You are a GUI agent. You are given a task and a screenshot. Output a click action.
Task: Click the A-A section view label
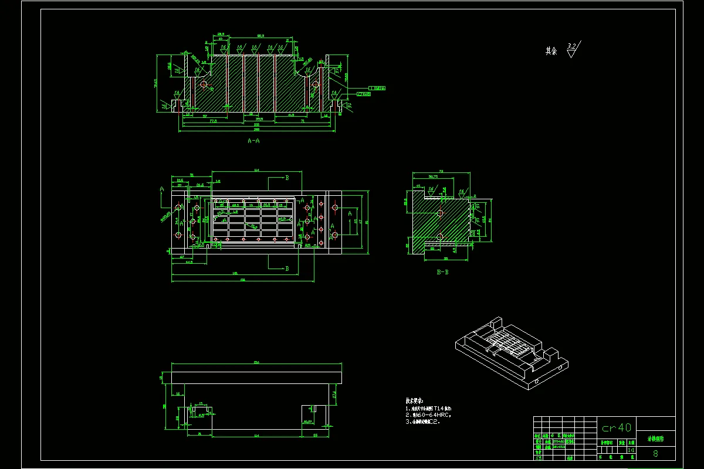(253, 141)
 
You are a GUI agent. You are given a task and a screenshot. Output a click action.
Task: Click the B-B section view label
(443, 272)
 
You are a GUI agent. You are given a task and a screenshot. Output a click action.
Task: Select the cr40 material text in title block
(616, 427)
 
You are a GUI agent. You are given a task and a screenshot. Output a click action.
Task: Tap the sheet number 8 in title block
(655, 453)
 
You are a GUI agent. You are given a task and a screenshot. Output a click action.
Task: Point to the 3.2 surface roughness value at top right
(573, 45)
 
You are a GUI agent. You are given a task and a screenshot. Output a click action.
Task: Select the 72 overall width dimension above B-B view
(441, 171)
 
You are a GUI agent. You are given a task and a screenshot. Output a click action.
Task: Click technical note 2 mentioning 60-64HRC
(428, 414)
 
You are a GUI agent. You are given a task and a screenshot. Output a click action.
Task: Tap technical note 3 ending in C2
(422, 422)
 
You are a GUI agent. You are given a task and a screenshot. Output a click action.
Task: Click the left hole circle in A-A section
(204, 84)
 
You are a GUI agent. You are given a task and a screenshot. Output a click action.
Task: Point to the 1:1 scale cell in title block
(631, 450)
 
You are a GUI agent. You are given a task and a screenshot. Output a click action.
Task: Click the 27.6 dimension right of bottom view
(334, 393)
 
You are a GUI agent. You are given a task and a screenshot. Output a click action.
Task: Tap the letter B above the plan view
(286, 177)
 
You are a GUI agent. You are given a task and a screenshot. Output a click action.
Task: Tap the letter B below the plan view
(286, 269)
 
